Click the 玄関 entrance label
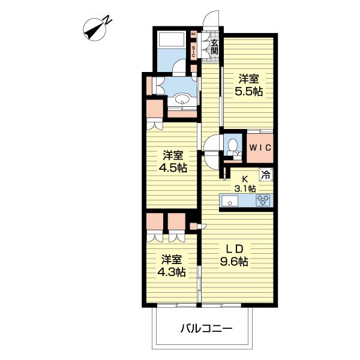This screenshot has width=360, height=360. [x=214, y=46]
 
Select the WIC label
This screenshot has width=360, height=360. [x=260, y=148]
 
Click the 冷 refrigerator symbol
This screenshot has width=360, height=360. [x=265, y=175]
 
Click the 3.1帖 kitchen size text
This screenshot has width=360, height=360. [x=245, y=188]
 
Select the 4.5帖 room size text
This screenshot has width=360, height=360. [x=173, y=168]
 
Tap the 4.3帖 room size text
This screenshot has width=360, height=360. [x=171, y=272]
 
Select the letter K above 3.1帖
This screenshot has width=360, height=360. [x=244, y=178]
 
